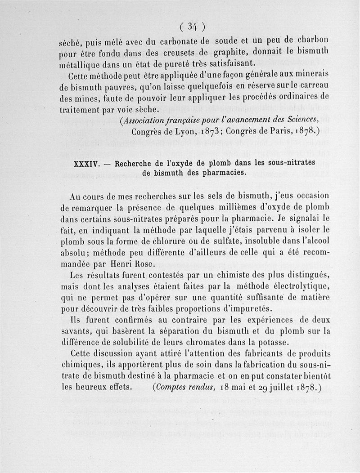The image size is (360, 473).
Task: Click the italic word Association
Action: tap(147, 120)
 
